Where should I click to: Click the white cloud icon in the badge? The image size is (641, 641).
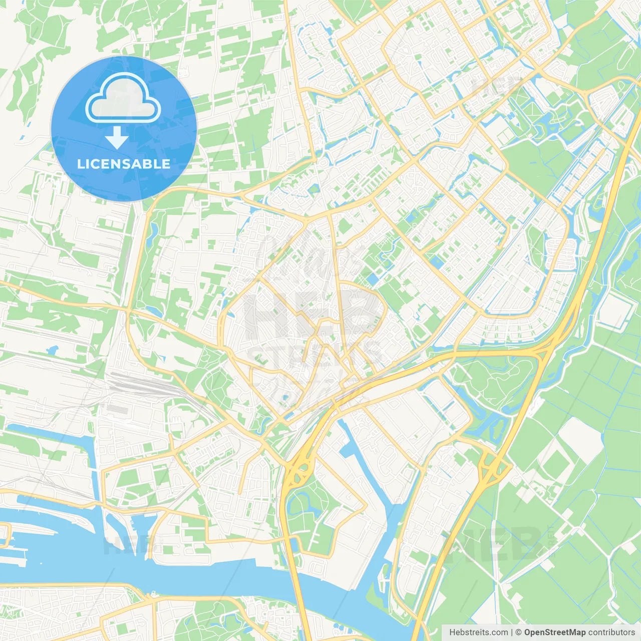(x=123, y=98)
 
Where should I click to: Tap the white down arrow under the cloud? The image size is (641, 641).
(x=117, y=138)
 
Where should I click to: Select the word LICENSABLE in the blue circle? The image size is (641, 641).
(x=124, y=164)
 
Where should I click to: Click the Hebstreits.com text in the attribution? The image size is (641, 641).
(x=478, y=632)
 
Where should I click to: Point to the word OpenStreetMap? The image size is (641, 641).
(x=555, y=632)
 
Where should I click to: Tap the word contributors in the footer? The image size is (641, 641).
(x=611, y=632)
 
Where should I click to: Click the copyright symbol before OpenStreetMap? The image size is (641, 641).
(x=518, y=632)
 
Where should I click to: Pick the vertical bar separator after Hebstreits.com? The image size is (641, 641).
(x=512, y=632)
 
